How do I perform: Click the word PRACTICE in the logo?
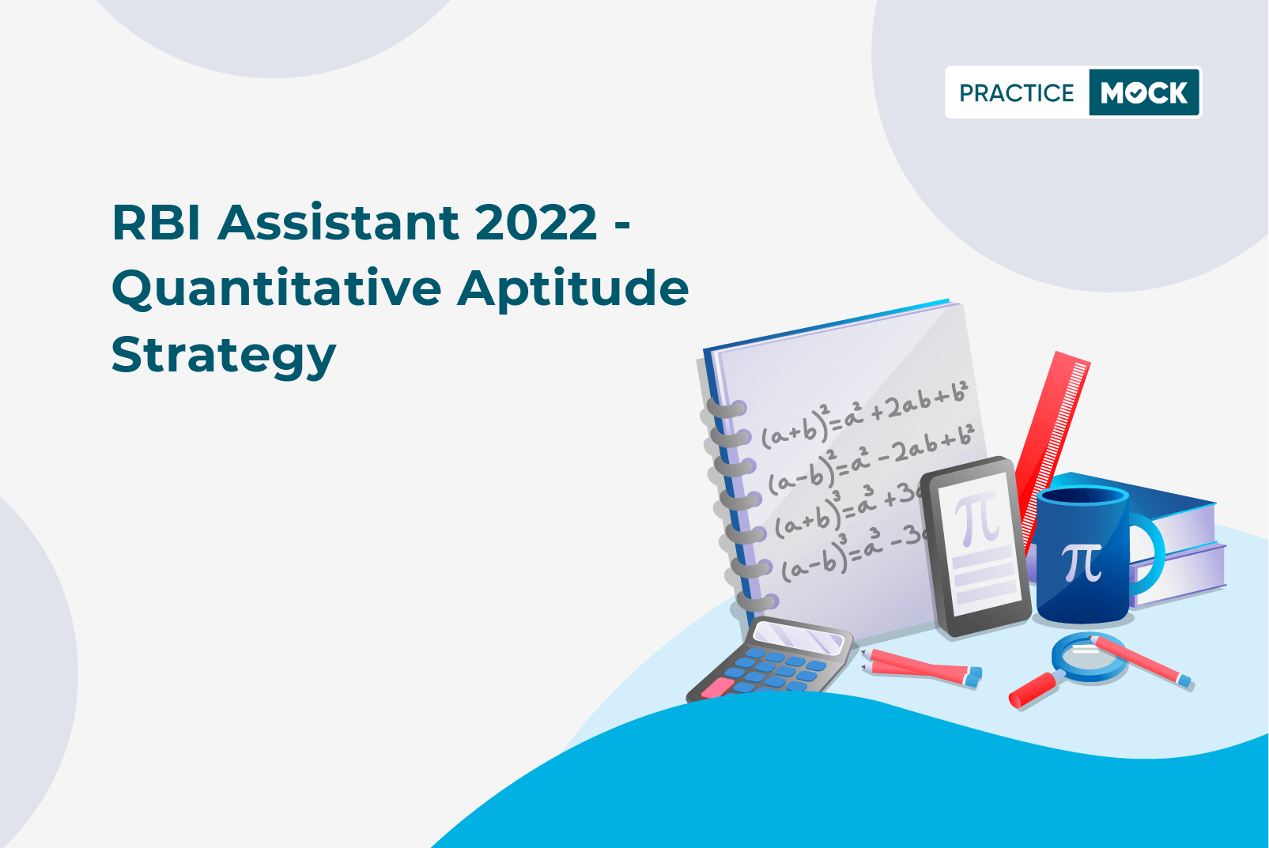1016,92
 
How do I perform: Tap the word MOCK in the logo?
1144,92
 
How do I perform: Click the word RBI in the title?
156,222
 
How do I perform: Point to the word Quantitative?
277,289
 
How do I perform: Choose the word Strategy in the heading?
224,356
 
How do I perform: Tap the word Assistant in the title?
338,222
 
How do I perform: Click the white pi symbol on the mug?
1082,563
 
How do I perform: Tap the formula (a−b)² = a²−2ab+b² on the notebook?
872,458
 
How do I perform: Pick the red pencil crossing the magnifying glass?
1141,661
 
